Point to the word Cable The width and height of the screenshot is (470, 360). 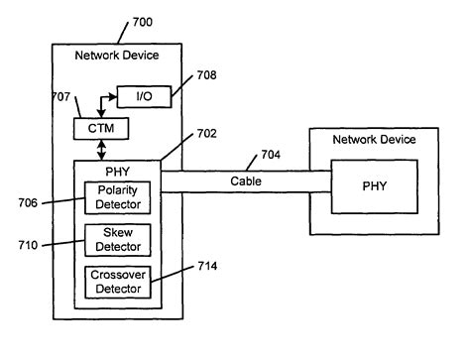(x=245, y=181)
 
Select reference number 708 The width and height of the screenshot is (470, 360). (x=205, y=74)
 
